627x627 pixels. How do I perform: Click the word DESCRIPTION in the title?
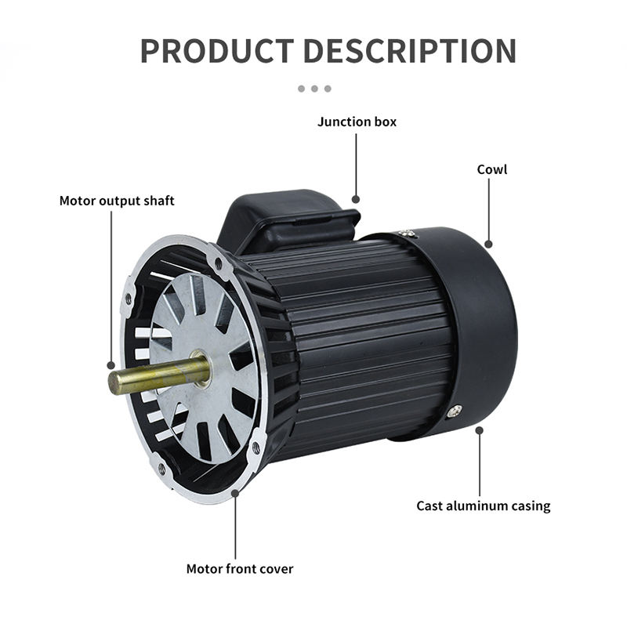[x=409, y=50]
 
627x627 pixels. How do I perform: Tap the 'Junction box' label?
[x=357, y=121]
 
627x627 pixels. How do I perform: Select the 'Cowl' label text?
[x=492, y=169]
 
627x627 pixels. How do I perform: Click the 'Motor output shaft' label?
[x=117, y=201]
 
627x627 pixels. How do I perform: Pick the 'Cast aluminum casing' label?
[x=483, y=506]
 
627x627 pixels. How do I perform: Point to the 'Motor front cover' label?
[x=239, y=568]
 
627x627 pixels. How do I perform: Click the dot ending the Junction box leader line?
[x=356, y=200]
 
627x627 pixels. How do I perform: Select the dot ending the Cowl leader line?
[x=488, y=244]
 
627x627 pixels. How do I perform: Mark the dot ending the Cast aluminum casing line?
[x=480, y=429]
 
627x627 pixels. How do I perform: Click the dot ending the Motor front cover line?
[x=235, y=494]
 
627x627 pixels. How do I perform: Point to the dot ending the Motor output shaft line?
[x=111, y=365]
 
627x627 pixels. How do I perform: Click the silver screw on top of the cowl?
[x=405, y=234]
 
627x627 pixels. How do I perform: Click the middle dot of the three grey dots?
[x=313, y=89]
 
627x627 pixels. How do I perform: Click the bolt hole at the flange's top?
[x=219, y=265]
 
